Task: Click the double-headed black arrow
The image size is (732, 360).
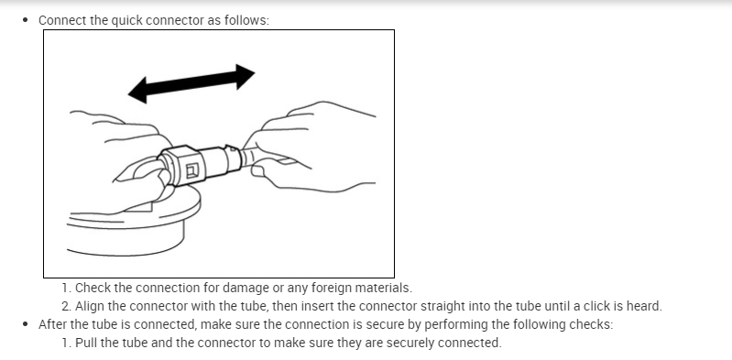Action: coord(191,83)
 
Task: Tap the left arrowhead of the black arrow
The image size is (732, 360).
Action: coord(137,90)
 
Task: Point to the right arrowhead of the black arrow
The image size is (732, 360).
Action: coord(246,77)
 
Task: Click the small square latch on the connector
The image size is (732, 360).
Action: coord(192,171)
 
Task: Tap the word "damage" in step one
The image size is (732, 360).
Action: coord(246,289)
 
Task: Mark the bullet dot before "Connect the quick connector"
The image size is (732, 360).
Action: coord(26,20)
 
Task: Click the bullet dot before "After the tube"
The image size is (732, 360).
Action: coord(26,324)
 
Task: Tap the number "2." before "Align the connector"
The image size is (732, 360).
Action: coord(66,306)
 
